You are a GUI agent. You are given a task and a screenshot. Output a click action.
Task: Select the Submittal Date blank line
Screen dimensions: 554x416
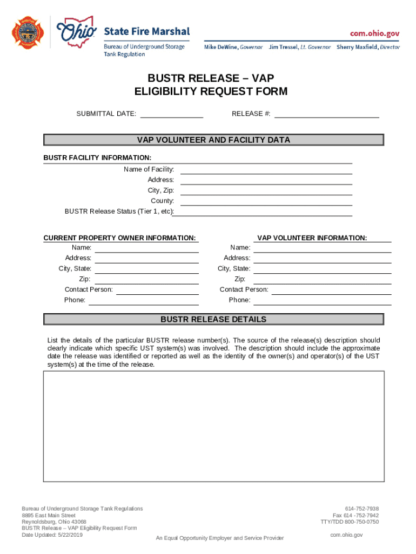[x=172, y=115]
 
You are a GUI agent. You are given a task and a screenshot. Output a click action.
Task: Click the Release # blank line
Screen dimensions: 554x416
[x=327, y=115]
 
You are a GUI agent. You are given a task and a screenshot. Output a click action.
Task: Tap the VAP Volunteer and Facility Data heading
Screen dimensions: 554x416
[x=213, y=140]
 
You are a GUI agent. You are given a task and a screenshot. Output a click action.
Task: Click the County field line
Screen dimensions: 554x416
[x=266, y=202]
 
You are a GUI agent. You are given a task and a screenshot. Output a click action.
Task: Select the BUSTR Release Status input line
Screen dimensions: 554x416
[x=263, y=213]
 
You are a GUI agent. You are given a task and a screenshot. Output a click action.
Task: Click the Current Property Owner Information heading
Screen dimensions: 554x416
[x=119, y=238]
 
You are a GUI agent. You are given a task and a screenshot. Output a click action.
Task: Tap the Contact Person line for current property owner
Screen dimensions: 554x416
[x=157, y=291]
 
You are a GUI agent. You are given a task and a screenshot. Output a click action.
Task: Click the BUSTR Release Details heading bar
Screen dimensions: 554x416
[x=213, y=320]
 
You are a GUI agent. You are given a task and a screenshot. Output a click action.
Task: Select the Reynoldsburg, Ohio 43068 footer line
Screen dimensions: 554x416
[x=54, y=522]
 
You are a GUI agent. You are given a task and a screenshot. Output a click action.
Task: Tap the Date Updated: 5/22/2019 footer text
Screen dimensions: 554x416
[x=52, y=535]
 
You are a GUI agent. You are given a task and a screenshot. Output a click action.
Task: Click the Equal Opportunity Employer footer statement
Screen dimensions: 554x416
[x=219, y=538]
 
